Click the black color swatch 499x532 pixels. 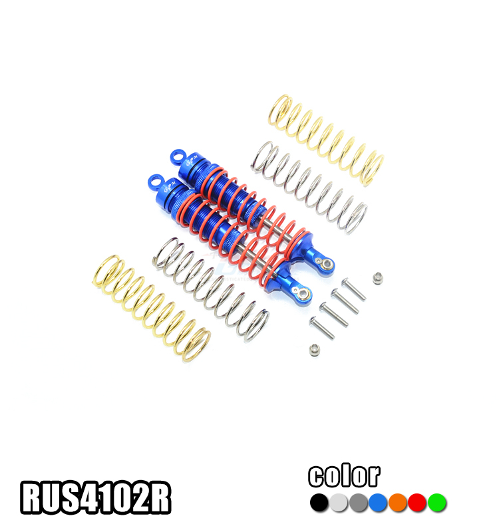click(x=319, y=503)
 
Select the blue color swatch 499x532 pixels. click(x=379, y=503)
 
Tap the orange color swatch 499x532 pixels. click(x=398, y=503)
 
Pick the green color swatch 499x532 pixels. click(x=437, y=503)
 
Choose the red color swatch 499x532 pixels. click(x=417, y=503)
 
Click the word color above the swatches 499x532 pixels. click(x=344, y=476)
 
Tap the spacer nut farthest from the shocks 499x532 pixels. click(x=377, y=276)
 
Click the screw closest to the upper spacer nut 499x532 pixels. click(x=353, y=289)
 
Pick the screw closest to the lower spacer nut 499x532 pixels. click(x=321, y=326)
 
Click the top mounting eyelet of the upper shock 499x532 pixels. click(x=176, y=157)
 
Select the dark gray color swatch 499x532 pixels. click(x=359, y=503)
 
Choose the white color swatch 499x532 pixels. click(x=339, y=503)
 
